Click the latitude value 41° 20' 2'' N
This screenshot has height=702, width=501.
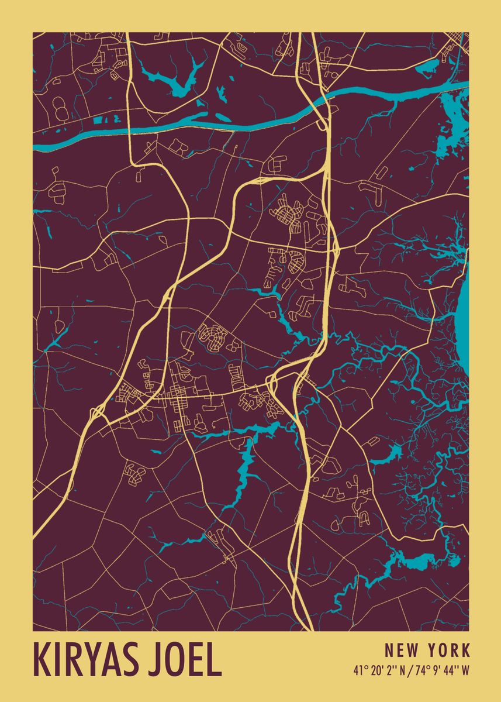click(x=378, y=670)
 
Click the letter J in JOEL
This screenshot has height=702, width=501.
click(x=157, y=660)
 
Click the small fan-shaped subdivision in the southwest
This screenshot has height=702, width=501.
click(x=134, y=474)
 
